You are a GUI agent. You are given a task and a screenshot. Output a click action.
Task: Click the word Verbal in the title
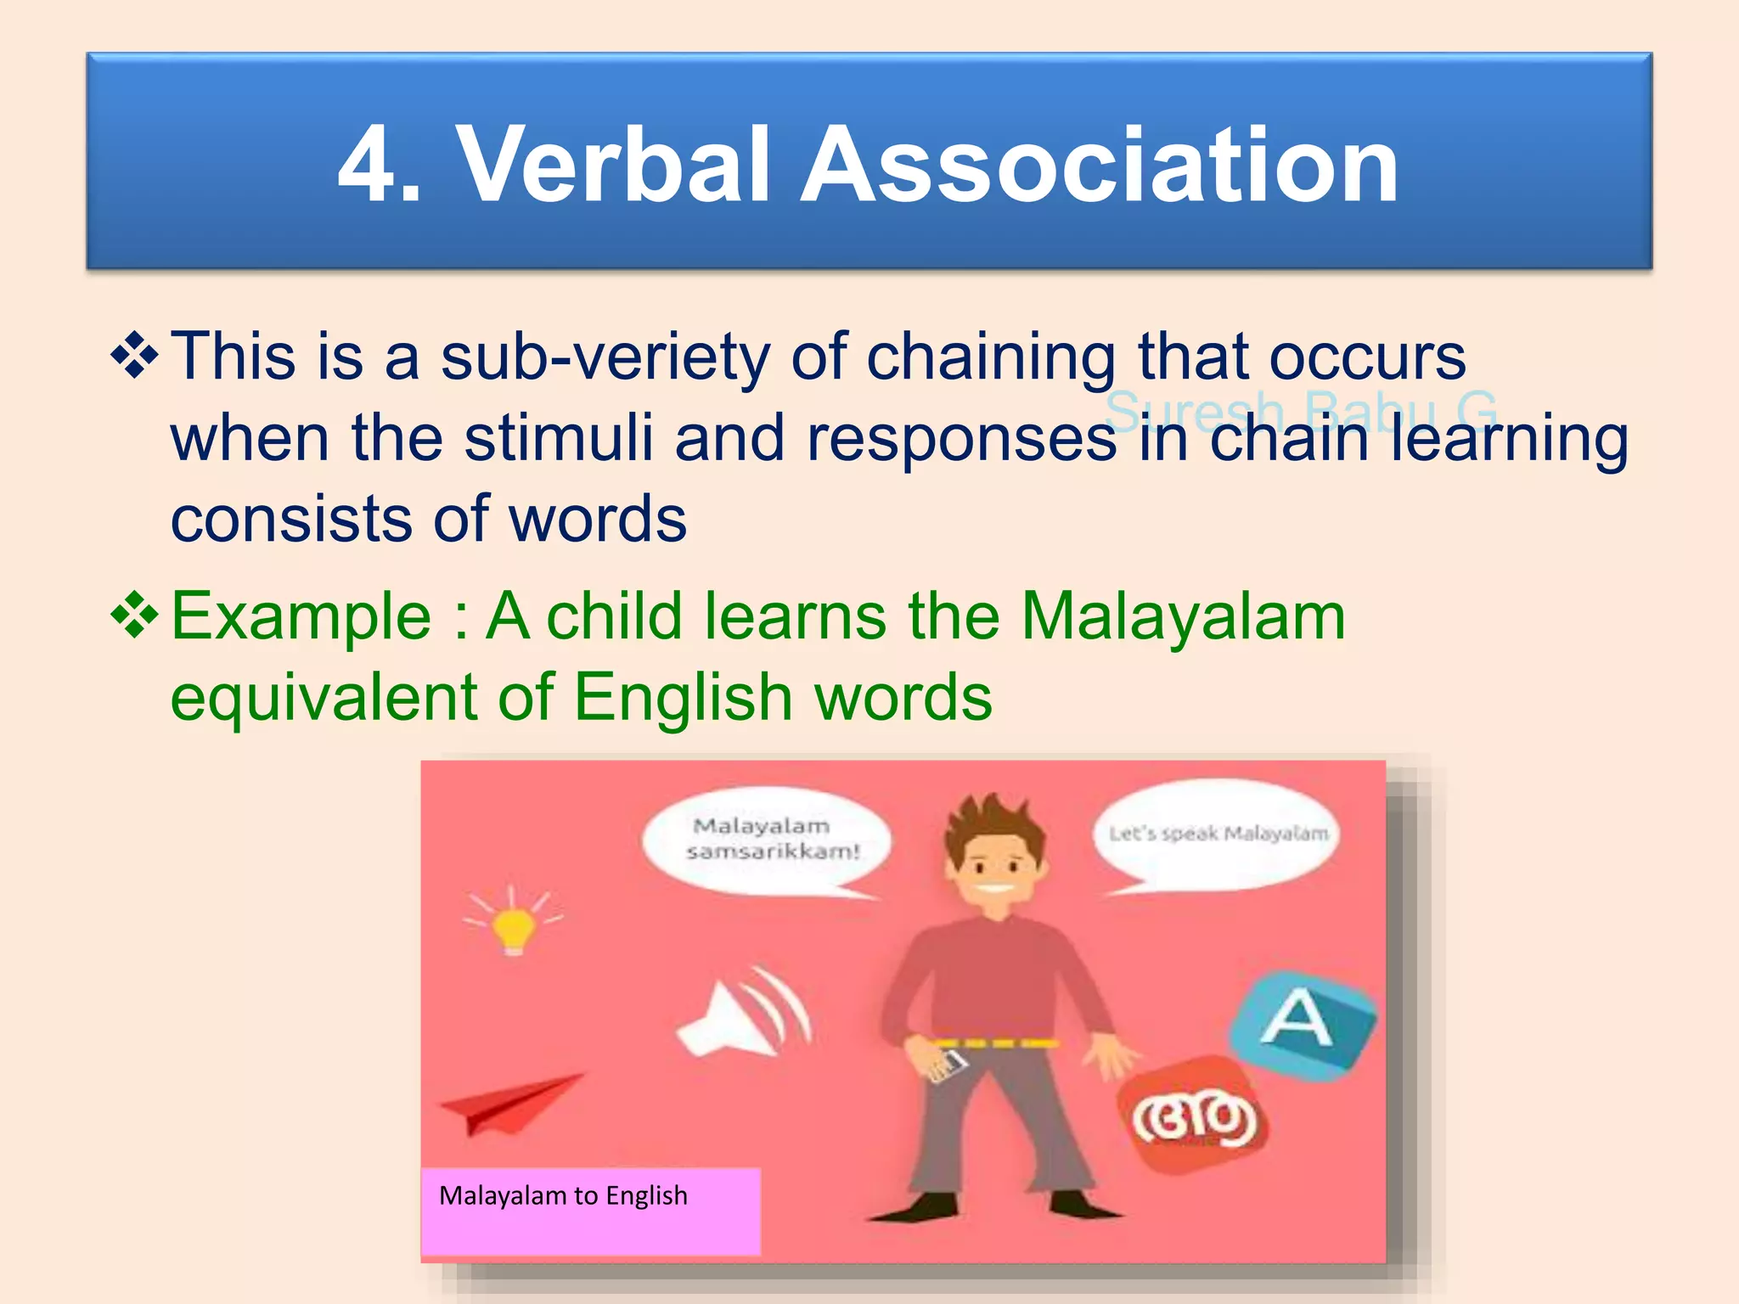click(x=613, y=165)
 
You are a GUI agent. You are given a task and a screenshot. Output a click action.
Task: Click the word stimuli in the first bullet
click(x=558, y=439)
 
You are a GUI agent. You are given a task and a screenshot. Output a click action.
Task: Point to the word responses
click(x=961, y=439)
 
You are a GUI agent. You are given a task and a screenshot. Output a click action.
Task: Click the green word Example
click(x=301, y=617)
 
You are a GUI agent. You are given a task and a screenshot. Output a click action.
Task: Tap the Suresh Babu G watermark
click(x=1301, y=411)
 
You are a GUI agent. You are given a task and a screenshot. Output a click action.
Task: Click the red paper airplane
click(x=509, y=1104)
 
